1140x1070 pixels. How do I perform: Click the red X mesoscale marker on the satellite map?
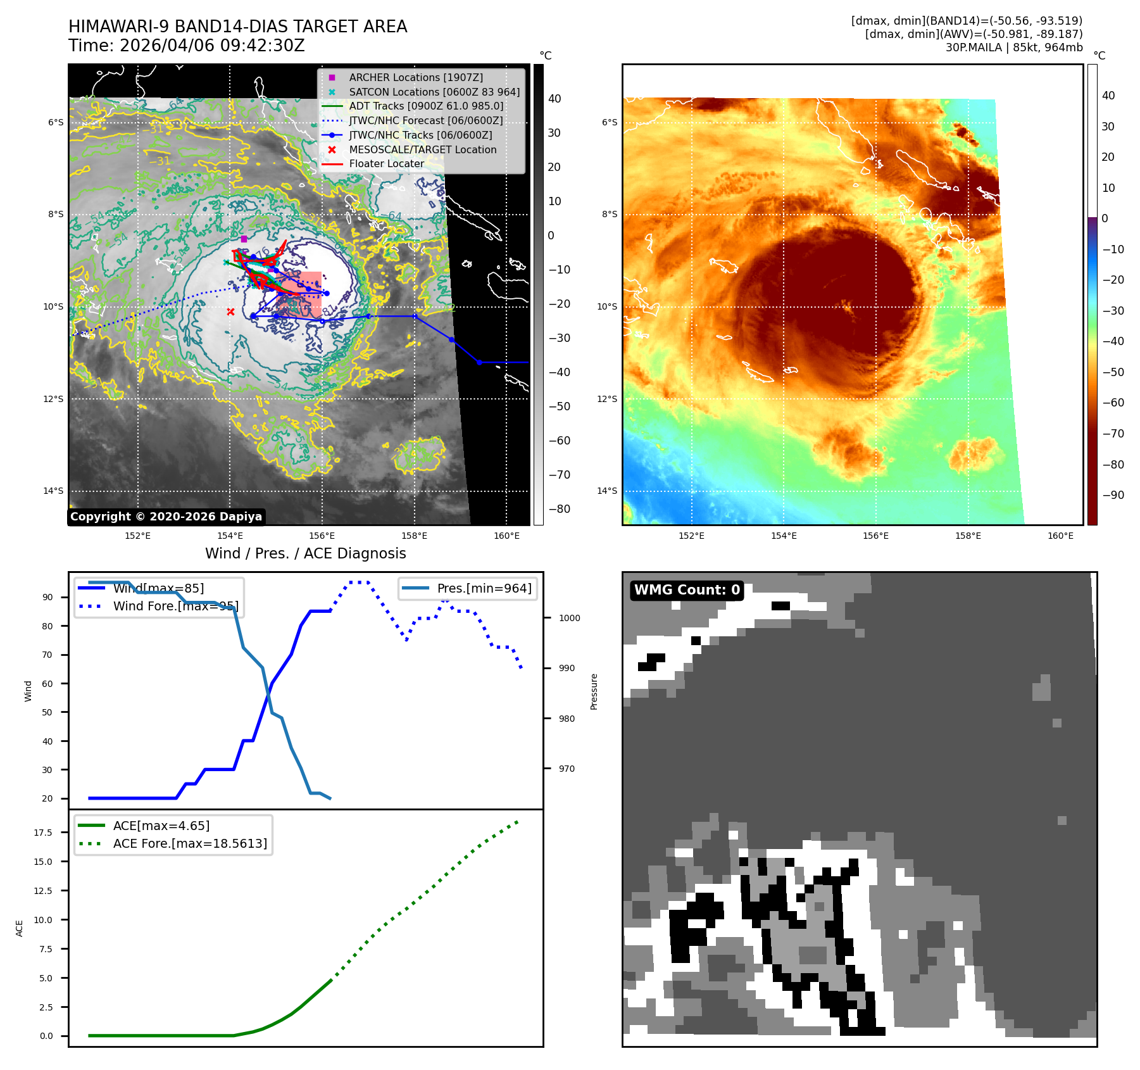coord(230,312)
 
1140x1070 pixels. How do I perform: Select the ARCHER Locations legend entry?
coord(415,77)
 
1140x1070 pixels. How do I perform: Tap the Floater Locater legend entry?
coord(386,163)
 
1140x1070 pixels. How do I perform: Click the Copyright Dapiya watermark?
coord(166,517)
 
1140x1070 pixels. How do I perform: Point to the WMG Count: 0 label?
coord(687,590)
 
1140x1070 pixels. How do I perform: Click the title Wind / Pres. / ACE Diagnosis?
coord(306,553)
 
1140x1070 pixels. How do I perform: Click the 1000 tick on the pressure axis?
coord(569,618)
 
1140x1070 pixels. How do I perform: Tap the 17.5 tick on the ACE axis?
coord(43,833)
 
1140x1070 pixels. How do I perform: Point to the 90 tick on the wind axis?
coord(47,597)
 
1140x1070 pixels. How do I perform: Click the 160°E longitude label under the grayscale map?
coord(506,536)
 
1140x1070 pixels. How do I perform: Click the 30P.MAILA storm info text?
coord(1014,47)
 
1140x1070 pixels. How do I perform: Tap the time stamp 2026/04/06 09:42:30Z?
coord(212,46)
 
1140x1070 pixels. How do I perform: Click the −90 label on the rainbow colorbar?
coord(1113,495)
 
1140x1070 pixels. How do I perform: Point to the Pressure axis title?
coord(594,691)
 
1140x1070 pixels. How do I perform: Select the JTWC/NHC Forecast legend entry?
coord(426,120)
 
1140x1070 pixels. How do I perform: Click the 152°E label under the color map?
coord(691,536)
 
